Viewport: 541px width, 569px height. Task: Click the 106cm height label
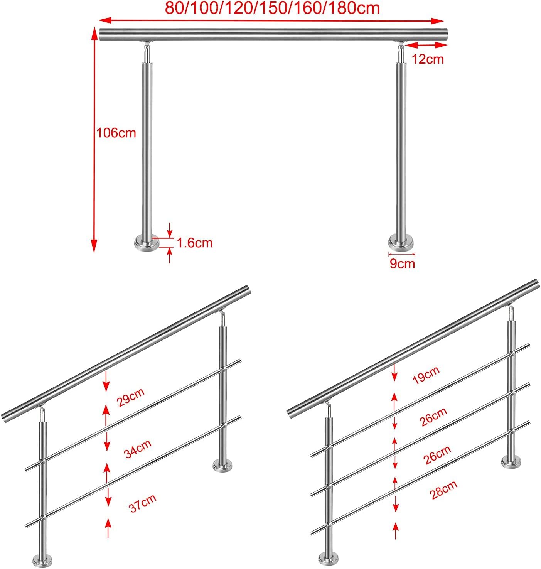tap(116, 133)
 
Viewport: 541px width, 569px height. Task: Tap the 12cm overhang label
tap(428, 59)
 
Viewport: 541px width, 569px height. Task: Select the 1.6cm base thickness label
tap(194, 243)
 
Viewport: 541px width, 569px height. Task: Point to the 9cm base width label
tap(402, 263)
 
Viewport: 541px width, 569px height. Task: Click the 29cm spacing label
tap(130, 397)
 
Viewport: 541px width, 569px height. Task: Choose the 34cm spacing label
tap(138, 449)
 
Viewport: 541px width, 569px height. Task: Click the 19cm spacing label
tap(426, 375)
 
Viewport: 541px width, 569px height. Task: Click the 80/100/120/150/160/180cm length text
tap(272, 8)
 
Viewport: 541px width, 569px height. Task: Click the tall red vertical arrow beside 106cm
tap(94, 139)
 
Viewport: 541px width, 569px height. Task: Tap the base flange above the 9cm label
tap(401, 244)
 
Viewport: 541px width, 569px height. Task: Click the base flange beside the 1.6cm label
tap(147, 244)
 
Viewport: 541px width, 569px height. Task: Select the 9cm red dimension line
tap(401, 254)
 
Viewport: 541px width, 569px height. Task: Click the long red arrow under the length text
tap(271, 20)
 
